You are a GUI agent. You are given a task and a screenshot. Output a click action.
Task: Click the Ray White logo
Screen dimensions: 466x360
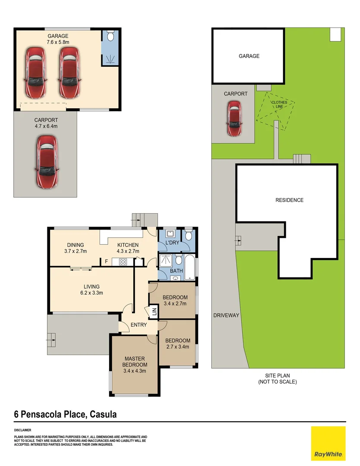pyautogui.click(x=328, y=443)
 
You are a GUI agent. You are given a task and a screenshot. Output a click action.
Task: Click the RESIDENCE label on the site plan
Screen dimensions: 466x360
pyautogui.click(x=290, y=200)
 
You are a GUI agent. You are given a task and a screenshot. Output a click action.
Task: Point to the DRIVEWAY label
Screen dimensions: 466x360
pyautogui.click(x=226, y=315)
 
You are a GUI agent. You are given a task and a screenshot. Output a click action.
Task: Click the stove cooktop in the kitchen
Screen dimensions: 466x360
pyautogui.click(x=123, y=261)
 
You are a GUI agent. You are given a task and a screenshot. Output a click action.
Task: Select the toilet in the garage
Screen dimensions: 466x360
pyautogui.click(x=109, y=36)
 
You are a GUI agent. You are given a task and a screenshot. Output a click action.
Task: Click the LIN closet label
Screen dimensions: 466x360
pyautogui.click(x=153, y=312)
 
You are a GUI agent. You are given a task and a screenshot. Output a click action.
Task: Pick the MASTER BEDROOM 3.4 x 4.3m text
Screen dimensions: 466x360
pyautogui.click(x=135, y=365)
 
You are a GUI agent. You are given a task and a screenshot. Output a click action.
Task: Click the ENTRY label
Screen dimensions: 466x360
pyautogui.click(x=138, y=325)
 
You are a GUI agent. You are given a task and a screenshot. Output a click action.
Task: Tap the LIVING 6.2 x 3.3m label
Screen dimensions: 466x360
pyautogui.click(x=91, y=290)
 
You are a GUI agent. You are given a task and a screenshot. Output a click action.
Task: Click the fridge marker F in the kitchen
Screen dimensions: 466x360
pyautogui.click(x=106, y=261)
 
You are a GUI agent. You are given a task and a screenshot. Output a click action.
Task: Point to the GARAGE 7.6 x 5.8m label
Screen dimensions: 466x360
pyautogui.click(x=57, y=39)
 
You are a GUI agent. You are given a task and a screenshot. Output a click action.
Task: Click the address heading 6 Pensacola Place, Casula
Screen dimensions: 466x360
pyautogui.click(x=66, y=415)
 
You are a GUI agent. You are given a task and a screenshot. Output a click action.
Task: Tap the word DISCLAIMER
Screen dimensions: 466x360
pyautogui.click(x=22, y=430)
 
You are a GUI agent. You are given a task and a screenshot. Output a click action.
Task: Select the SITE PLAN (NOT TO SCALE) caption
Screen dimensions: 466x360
pyautogui.click(x=277, y=379)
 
